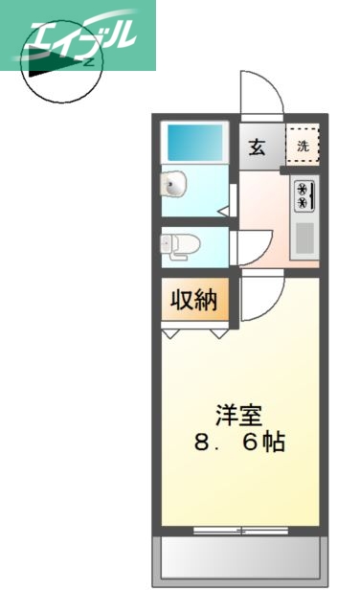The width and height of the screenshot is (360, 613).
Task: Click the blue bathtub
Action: click(x=194, y=143)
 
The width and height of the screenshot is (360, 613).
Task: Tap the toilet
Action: click(x=179, y=244)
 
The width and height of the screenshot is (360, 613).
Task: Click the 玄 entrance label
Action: click(x=258, y=148)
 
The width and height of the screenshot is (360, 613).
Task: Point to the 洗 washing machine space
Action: click(x=303, y=147)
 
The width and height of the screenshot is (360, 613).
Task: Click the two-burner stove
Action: click(x=304, y=195)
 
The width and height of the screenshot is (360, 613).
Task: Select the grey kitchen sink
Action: click(x=304, y=237)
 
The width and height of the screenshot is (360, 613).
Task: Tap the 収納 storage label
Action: click(x=194, y=301)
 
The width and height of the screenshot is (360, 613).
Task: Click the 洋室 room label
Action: click(x=239, y=417)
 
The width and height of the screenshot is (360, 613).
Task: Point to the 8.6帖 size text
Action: click(x=239, y=444)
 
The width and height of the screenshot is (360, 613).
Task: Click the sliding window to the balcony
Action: click(x=239, y=529)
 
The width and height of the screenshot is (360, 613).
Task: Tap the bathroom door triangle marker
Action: click(x=222, y=209)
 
